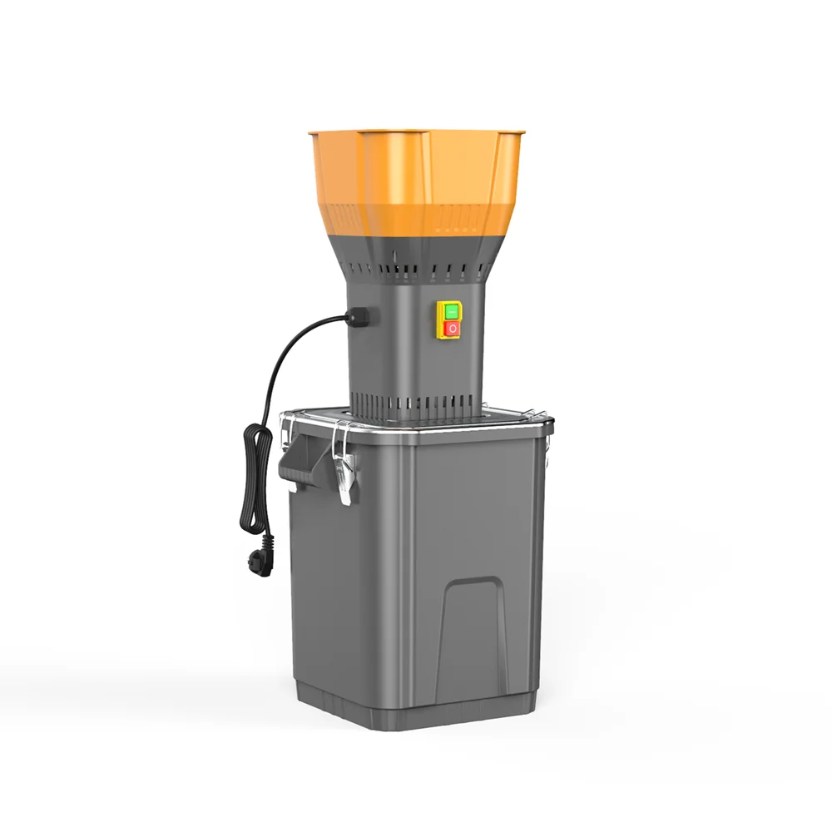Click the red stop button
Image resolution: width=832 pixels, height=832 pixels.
coord(451,329)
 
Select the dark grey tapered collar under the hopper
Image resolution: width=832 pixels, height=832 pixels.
coord(416,250)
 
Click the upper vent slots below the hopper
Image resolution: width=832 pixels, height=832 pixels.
coord(416,270)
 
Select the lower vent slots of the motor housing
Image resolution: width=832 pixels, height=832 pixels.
coord(416,404)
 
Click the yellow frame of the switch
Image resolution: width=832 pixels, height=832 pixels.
coord(440,320)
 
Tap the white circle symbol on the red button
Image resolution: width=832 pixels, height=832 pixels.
coord(451,329)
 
